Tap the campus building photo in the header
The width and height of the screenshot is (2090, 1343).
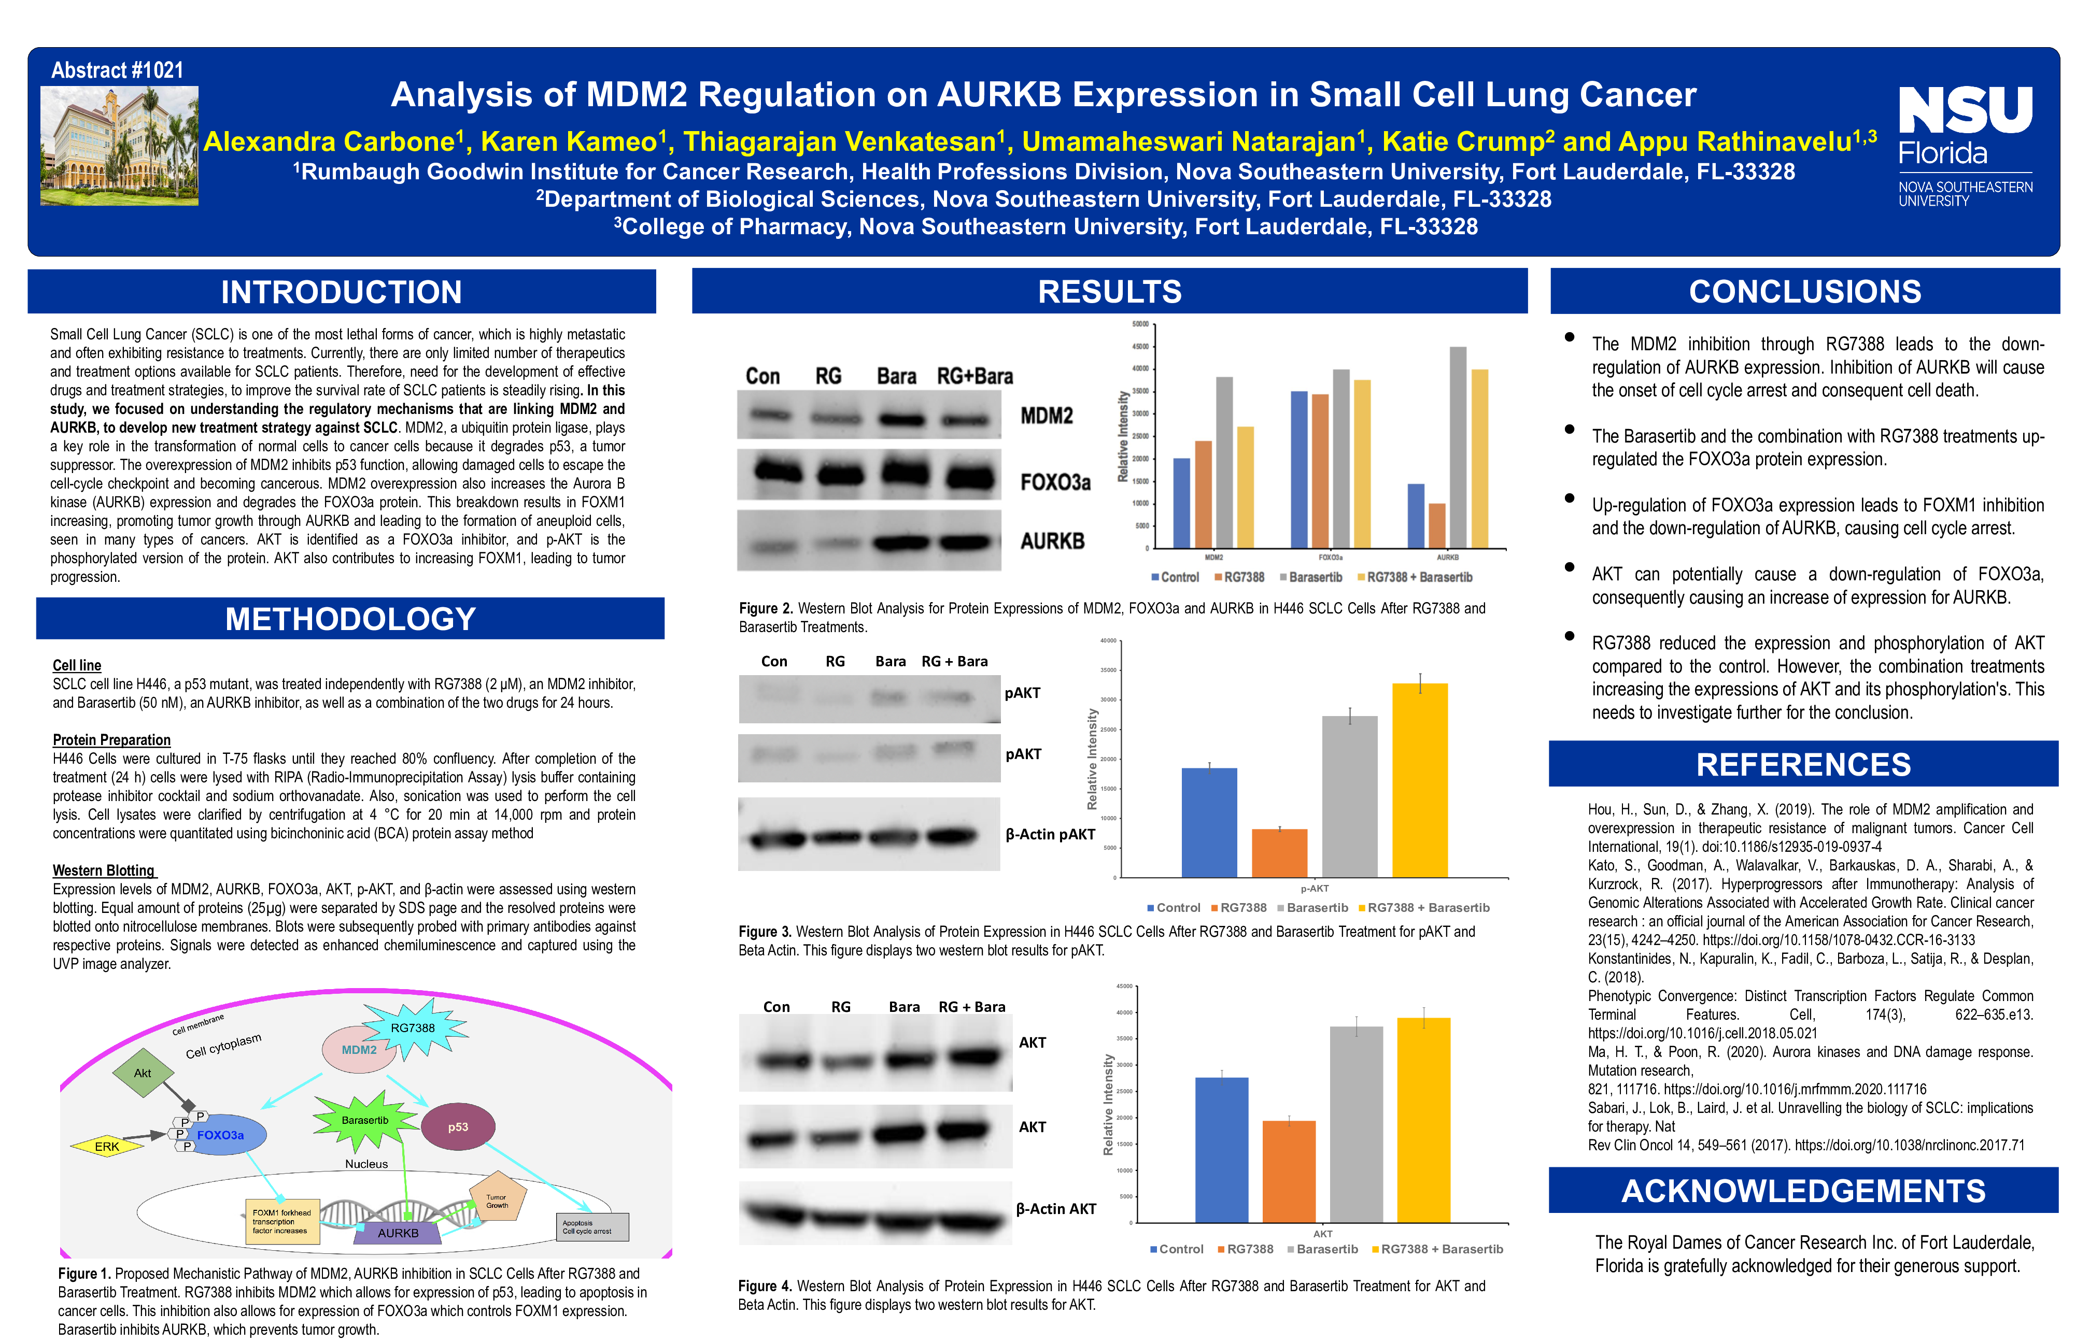pos(120,146)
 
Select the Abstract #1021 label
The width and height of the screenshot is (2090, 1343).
pos(117,70)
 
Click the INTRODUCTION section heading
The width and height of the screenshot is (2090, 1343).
pos(341,292)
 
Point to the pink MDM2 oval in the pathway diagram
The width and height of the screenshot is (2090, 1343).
pos(359,1050)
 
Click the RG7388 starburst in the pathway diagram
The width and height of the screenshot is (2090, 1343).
pos(414,1029)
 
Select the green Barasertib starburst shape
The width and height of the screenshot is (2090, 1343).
pos(364,1121)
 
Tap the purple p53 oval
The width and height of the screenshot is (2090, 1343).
pos(458,1127)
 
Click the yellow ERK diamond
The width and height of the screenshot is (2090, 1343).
pos(106,1147)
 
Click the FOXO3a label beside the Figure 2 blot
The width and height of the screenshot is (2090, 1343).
pos(1055,482)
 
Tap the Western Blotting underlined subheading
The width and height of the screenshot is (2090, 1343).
pos(104,870)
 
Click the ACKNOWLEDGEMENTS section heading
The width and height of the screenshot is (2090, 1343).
pos(1803,1191)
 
